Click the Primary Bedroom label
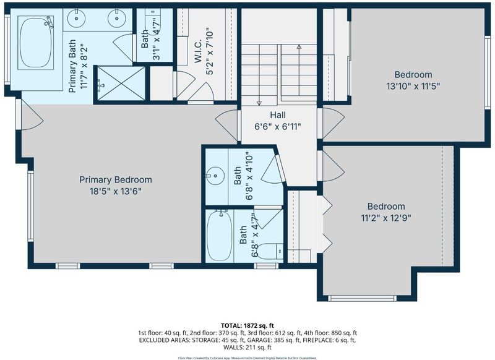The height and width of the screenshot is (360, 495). (x=116, y=180)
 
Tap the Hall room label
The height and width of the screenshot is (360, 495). (x=278, y=115)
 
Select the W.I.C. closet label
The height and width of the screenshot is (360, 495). (x=198, y=51)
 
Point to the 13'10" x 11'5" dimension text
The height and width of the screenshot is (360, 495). (x=413, y=86)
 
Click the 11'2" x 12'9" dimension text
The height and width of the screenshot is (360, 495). (x=386, y=218)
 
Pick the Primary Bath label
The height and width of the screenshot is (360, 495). (x=72, y=66)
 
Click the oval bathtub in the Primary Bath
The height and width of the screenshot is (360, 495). (x=36, y=43)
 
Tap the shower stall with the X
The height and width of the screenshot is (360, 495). (x=120, y=84)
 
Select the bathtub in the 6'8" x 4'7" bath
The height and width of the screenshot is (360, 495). (x=220, y=236)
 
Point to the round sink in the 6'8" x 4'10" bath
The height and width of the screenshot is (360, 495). (x=215, y=175)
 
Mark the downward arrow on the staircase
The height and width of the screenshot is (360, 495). (x=259, y=75)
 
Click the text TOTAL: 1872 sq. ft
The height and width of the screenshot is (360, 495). (x=247, y=325)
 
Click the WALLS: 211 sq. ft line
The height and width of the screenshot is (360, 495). (x=247, y=348)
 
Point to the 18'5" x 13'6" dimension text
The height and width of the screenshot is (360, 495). (x=116, y=192)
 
